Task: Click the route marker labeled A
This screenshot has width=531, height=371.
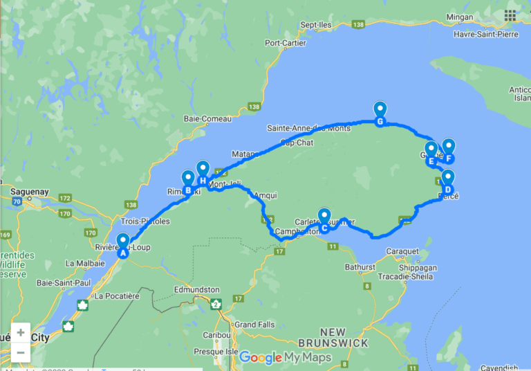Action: point(123,246)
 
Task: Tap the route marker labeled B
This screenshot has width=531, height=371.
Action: point(187,183)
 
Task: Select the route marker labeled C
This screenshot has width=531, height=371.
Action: point(324,220)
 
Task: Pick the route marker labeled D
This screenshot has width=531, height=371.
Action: point(447,182)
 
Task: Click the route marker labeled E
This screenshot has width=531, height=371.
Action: point(431,154)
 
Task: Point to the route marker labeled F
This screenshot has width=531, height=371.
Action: point(448,150)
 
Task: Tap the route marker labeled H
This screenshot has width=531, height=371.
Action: point(203,173)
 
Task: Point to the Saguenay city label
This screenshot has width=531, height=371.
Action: point(28,188)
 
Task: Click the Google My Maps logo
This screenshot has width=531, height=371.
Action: point(285,358)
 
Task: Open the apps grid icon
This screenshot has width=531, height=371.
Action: point(510,15)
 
